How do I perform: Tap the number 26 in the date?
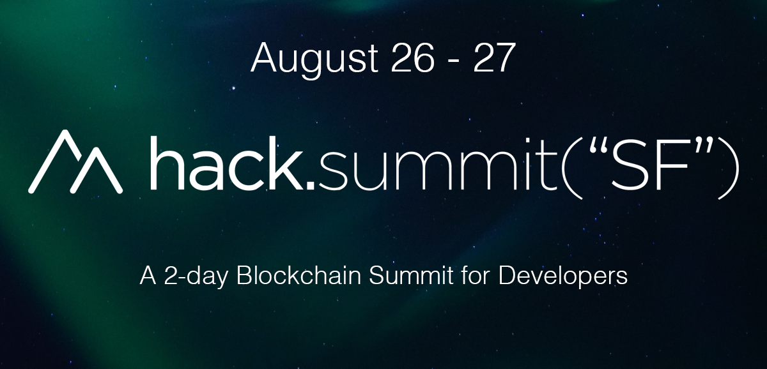point(412,57)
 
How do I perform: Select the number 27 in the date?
point(494,57)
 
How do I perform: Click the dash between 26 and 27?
point(453,61)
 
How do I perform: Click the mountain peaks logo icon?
point(75,162)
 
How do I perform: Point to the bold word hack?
point(228,163)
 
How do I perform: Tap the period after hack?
point(310,185)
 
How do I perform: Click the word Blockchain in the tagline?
point(298,275)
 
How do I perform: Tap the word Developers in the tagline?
point(563,276)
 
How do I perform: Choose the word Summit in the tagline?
point(411,275)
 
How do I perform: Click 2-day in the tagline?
point(196,276)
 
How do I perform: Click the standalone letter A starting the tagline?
point(148,275)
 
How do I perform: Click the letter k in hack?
point(285,163)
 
